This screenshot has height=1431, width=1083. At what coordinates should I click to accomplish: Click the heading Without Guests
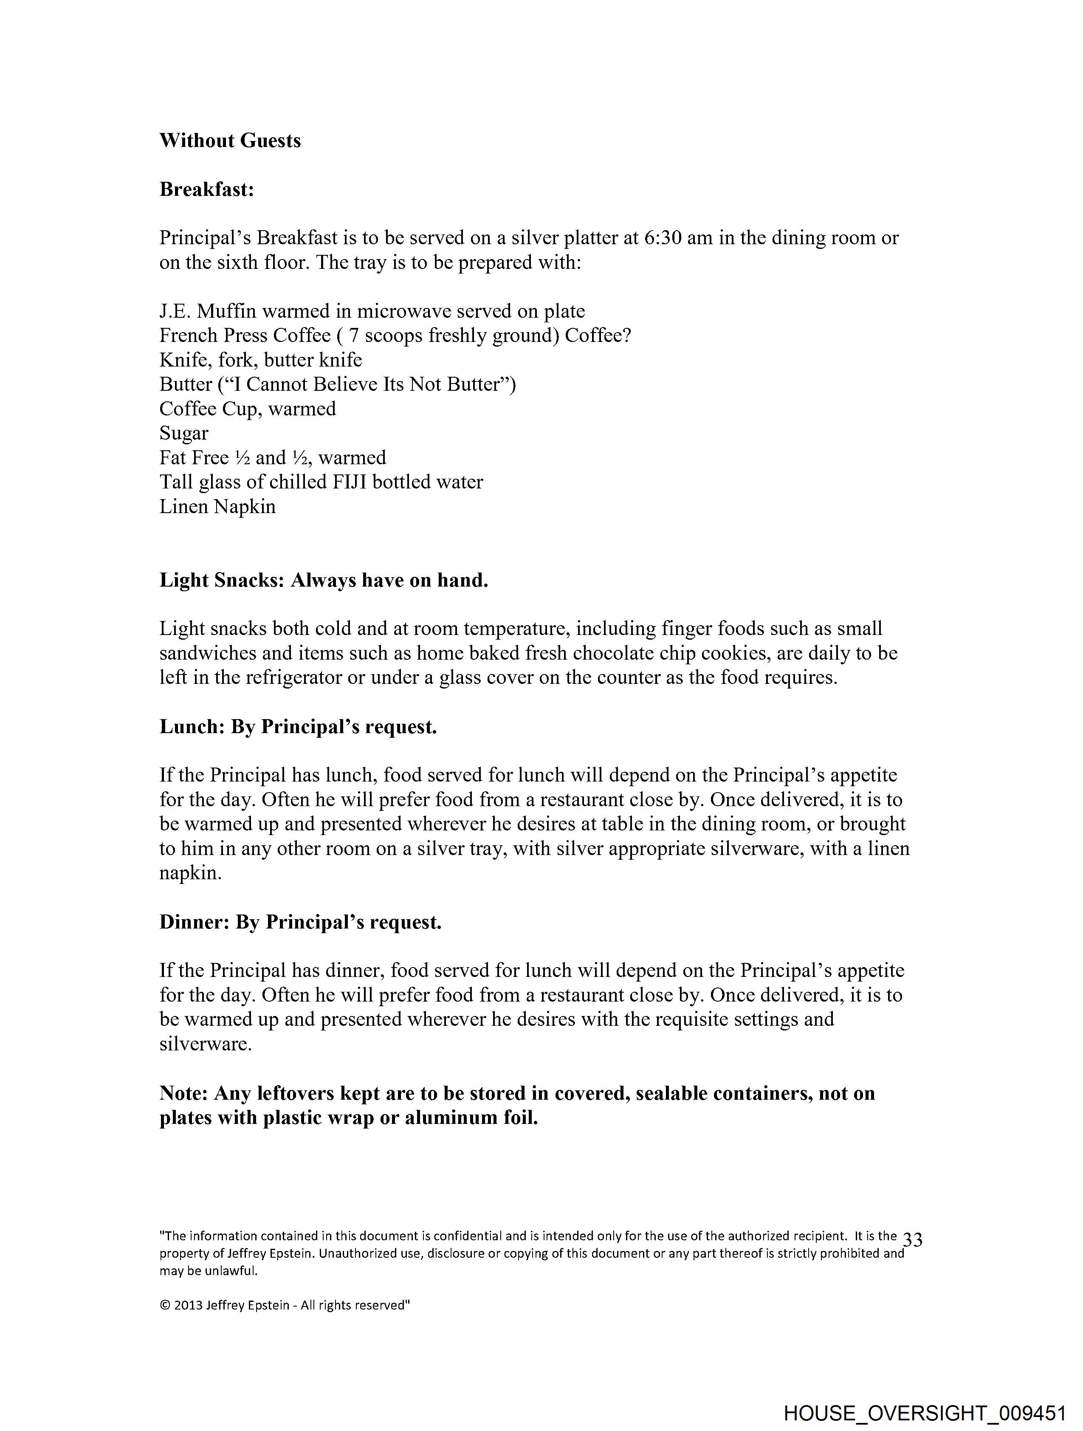pyautogui.click(x=230, y=141)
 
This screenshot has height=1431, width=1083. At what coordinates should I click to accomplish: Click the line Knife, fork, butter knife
pyautogui.click(x=261, y=360)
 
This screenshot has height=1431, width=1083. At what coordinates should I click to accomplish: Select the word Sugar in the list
pyautogui.click(x=184, y=433)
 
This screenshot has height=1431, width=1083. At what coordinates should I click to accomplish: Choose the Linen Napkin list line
pyautogui.click(x=217, y=507)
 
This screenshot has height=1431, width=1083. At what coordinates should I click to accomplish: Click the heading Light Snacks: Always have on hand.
pyautogui.click(x=324, y=580)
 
